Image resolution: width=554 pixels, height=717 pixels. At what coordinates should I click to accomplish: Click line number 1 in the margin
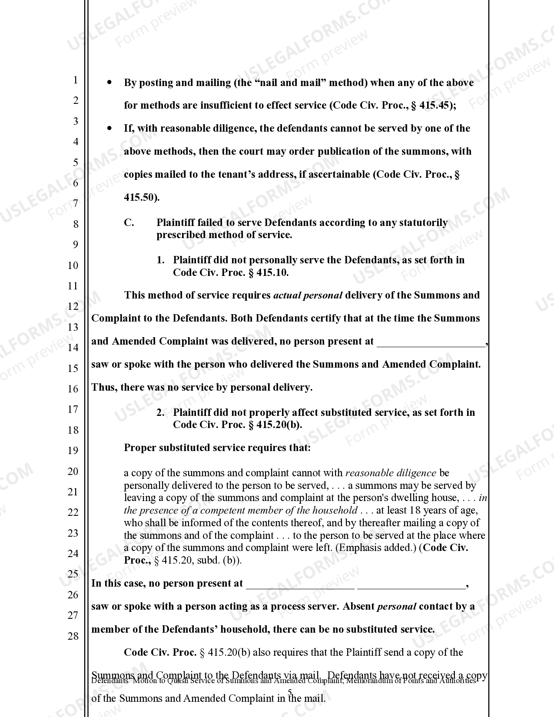tap(76, 80)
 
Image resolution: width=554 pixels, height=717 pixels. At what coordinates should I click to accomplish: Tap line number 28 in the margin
tap(73, 636)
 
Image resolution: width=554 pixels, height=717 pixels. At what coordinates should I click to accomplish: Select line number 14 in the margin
tap(73, 347)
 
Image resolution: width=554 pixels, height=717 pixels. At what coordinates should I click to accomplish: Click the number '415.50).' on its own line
tap(142, 197)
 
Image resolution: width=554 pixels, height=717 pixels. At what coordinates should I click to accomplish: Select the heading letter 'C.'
tap(129, 222)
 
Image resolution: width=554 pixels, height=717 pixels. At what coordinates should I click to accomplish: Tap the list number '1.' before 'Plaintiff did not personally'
tap(160, 260)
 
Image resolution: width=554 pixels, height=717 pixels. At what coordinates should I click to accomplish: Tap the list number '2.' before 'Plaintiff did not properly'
tap(160, 412)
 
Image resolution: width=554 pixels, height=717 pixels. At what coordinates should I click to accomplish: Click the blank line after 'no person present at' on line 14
tap(431, 342)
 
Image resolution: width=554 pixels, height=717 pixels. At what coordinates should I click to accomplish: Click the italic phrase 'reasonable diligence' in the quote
tap(390, 473)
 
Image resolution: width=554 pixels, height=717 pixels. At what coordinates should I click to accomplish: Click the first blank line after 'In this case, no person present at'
tap(300, 584)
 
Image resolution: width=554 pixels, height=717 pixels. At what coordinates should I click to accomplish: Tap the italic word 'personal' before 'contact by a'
tap(397, 606)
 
